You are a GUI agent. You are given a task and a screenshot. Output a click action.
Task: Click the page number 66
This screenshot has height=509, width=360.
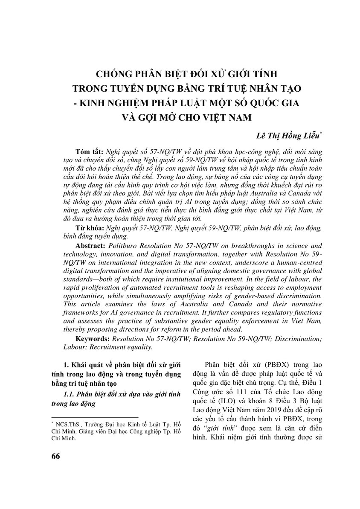(56, 456)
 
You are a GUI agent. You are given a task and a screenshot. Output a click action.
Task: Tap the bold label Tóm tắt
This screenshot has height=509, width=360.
(89, 152)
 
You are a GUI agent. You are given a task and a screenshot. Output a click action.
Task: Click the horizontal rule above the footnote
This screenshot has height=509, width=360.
(94, 417)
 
